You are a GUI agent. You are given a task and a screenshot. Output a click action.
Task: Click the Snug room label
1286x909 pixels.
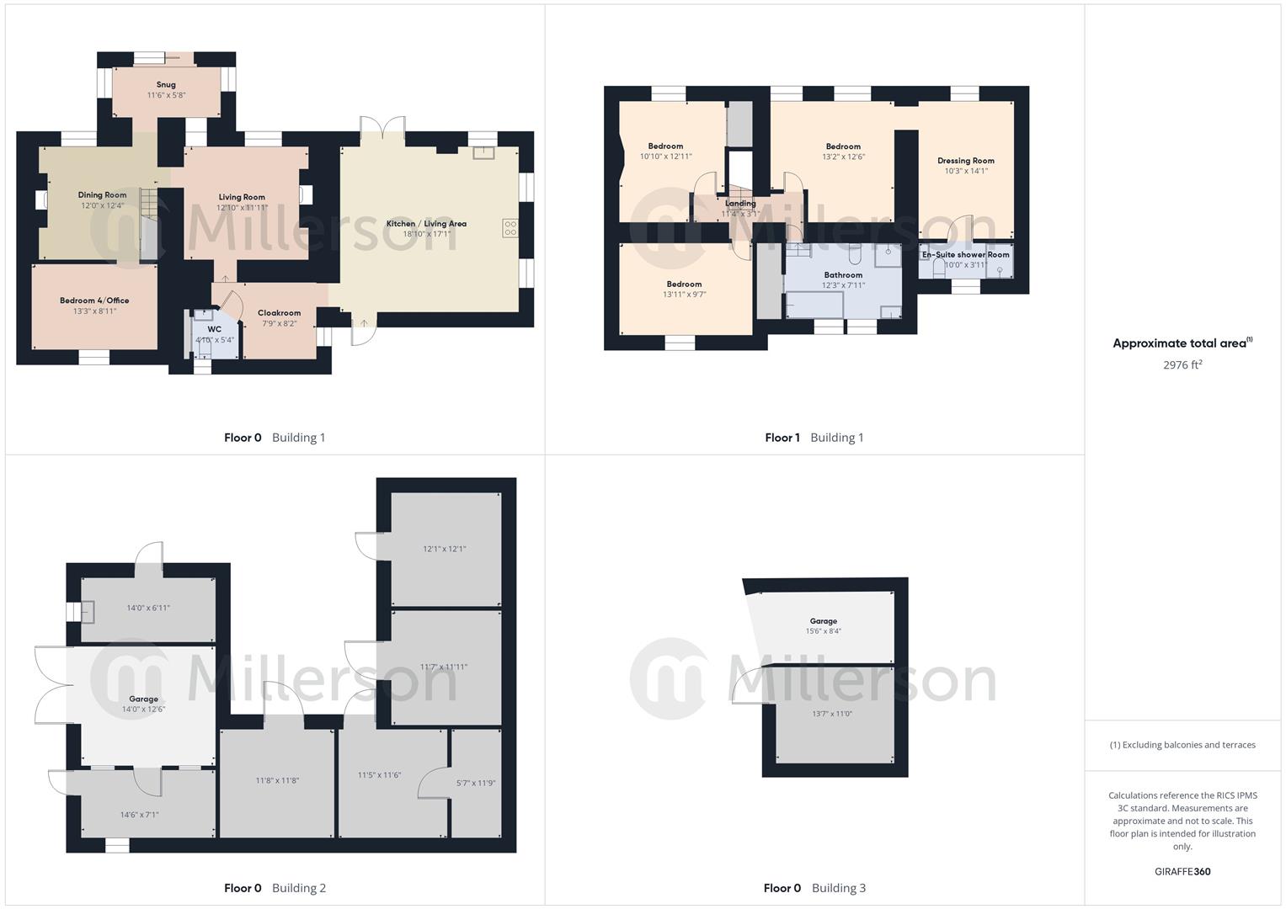pos(166,85)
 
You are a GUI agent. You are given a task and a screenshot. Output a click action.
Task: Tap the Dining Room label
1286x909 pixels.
pos(102,195)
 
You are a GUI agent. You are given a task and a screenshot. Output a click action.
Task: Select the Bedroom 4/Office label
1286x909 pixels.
pos(94,300)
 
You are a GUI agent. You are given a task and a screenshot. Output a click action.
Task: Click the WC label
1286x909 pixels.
pos(214,329)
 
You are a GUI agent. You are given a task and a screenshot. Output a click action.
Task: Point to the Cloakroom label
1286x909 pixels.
pos(279,313)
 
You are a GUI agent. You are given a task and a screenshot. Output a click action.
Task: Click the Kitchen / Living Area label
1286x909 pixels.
pos(426,224)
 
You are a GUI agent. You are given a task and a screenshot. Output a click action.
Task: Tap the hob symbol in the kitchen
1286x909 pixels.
pos(510,227)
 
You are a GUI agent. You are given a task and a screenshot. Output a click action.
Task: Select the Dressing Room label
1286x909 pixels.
pos(965,161)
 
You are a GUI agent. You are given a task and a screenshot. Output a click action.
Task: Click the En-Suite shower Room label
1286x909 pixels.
pos(965,254)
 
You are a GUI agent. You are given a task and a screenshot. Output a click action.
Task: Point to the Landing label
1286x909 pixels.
pos(740,204)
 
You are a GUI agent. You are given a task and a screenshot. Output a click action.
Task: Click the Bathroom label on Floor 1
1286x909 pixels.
pos(843,275)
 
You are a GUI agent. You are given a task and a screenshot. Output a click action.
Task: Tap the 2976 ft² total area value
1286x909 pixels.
pos(1182,365)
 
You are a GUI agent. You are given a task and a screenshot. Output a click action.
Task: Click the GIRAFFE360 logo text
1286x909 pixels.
pos(1182,872)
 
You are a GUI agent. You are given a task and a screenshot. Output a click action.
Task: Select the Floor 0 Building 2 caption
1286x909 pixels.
pos(275,888)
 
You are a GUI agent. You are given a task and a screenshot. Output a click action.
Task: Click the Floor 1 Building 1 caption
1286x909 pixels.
pos(814,438)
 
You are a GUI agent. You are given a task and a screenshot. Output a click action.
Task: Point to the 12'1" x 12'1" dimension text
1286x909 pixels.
pos(444,549)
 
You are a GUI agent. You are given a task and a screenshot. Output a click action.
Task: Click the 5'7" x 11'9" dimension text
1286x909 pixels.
pos(476,783)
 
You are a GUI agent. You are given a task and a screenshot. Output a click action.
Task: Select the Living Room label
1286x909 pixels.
pos(242,197)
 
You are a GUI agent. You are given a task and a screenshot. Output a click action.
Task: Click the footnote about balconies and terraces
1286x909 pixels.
pos(1182,745)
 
